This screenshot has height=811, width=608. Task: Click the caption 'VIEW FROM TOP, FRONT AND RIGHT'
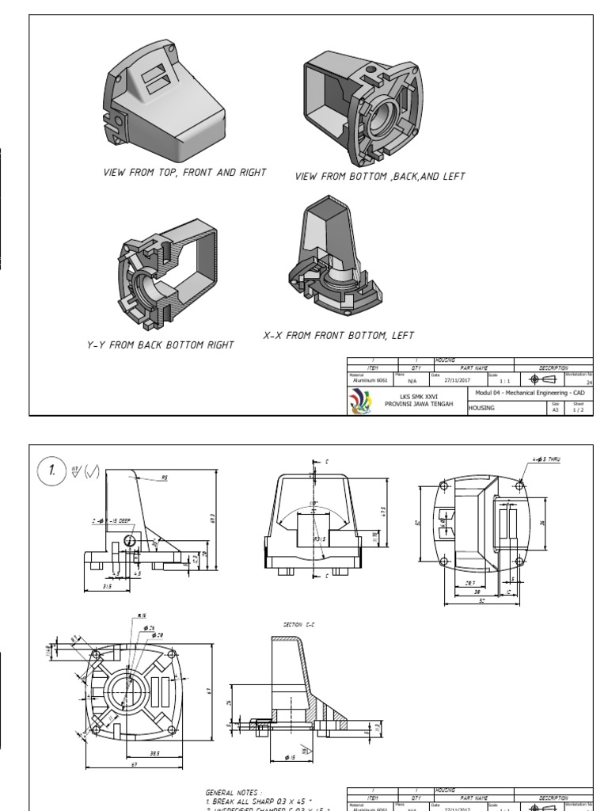click(184, 172)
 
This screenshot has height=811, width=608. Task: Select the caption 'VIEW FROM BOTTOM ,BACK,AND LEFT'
click(380, 177)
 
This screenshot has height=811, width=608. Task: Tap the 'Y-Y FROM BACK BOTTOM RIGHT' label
click(161, 345)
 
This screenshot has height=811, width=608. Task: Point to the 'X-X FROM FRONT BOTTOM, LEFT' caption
click(339, 336)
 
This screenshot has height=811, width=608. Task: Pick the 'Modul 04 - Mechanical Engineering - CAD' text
click(530, 393)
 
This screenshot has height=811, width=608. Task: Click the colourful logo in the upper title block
click(359, 402)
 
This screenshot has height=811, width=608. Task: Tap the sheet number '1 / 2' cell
click(579, 409)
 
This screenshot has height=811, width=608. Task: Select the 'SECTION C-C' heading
click(298, 625)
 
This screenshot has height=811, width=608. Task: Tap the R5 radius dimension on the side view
click(165, 478)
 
